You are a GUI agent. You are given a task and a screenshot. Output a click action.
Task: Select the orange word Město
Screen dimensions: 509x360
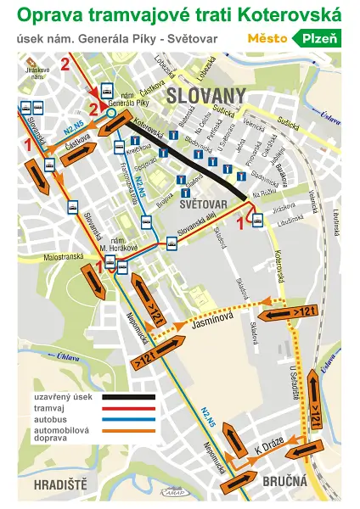[x=266, y=38]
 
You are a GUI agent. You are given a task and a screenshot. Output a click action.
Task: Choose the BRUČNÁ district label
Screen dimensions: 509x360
[x=284, y=481]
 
